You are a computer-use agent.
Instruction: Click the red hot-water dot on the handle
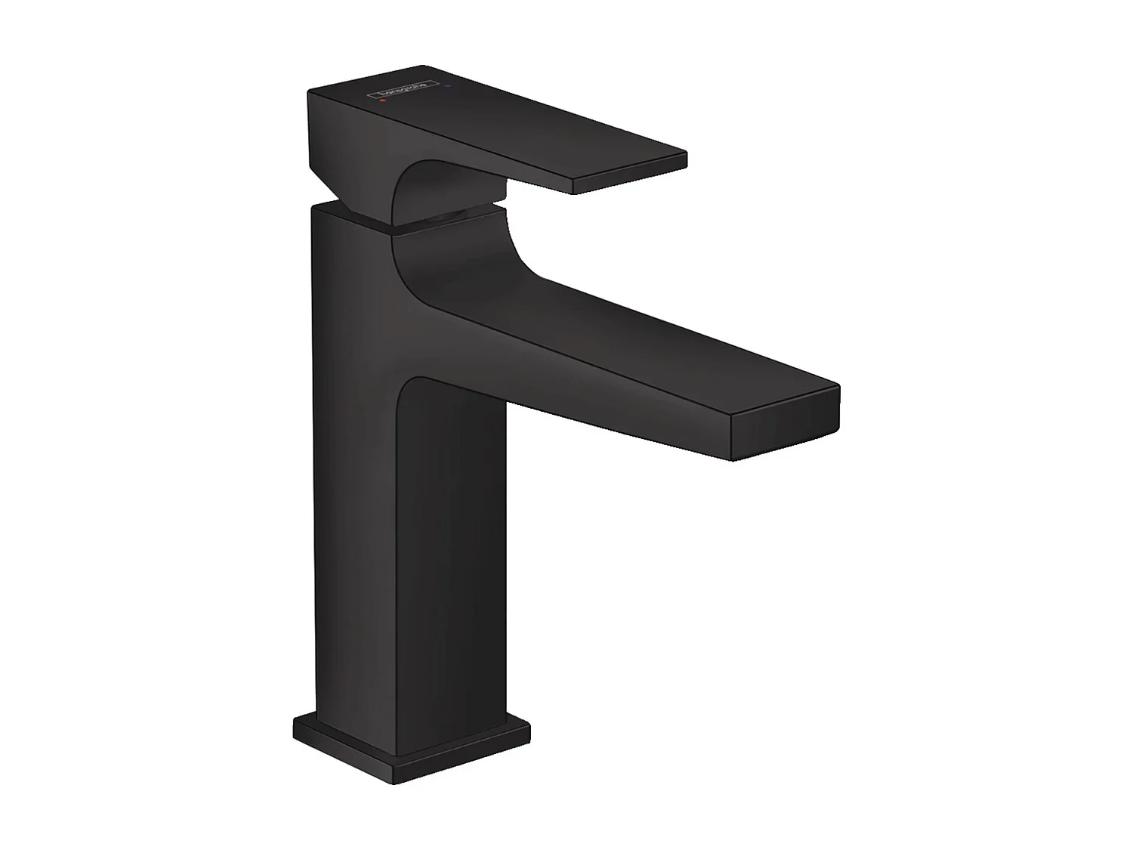[x=383, y=99]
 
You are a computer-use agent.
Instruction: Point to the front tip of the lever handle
[x=631, y=174]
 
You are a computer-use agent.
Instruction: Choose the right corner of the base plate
[x=529, y=731]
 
